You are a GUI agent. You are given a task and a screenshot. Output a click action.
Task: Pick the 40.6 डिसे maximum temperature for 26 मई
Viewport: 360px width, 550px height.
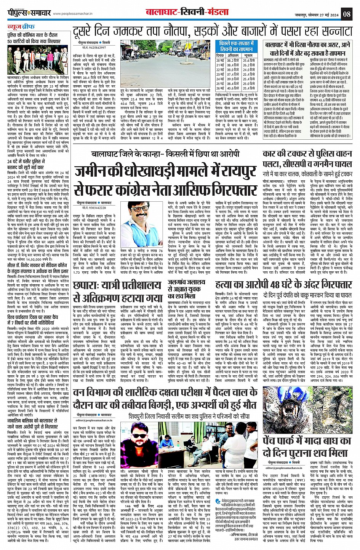point(233,88)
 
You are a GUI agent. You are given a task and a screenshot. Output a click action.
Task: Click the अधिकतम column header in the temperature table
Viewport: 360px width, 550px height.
point(233,56)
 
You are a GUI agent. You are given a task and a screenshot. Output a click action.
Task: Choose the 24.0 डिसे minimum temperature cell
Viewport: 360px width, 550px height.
point(249,70)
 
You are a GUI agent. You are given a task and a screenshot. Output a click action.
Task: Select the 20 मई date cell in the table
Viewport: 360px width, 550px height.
point(220,61)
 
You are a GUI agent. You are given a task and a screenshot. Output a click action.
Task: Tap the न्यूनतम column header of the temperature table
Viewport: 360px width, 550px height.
point(249,56)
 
